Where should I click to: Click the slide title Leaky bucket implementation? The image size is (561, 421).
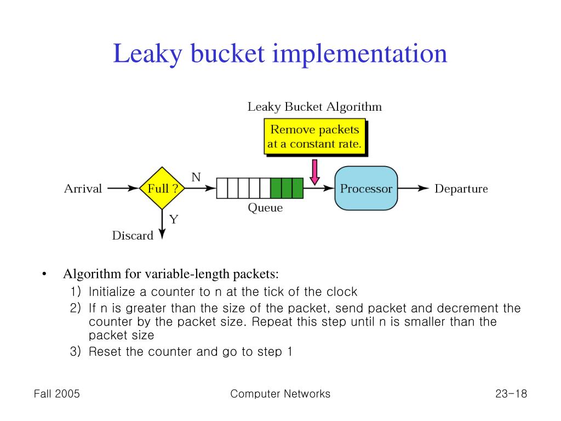(x=280, y=54)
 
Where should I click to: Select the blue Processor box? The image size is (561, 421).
(x=366, y=189)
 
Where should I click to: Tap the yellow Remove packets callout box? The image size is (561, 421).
(x=314, y=137)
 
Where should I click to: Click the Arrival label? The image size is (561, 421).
(x=83, y=189)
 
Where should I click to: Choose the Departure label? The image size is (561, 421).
(x=461, y=189)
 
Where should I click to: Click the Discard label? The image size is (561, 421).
(x=133, y=236)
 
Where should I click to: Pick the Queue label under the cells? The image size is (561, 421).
(x=265, y=208)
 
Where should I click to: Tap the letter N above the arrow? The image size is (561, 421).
(x=196, y=177)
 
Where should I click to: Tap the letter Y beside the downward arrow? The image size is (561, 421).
(x=174, y=219)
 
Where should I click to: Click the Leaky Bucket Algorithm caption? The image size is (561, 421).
(x=314, y=106)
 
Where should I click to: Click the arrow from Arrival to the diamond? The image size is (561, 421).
(x=123, y=189)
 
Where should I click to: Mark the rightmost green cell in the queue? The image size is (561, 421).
(x=297, y=189)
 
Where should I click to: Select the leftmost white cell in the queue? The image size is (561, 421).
(x=222, y=189)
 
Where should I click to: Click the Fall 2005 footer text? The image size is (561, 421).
(x=56, y=394)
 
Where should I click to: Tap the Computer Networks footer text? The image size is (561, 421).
(x=280, y=394)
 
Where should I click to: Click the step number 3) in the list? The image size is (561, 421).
(x=76, y=351)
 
